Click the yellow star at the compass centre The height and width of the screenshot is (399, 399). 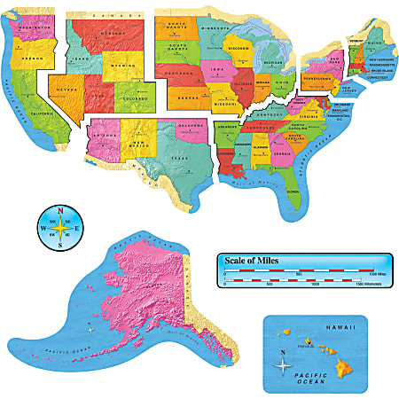59,228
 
